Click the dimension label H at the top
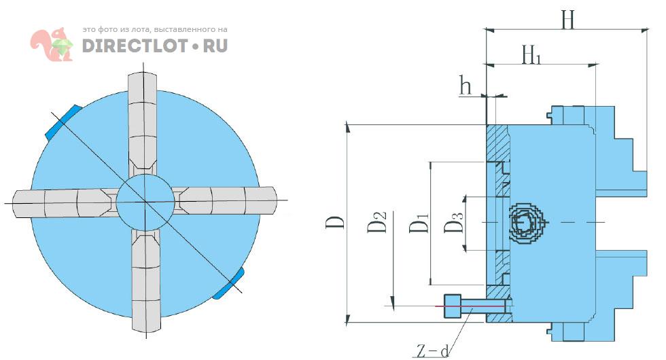(568, 20)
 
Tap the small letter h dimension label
(466, 86)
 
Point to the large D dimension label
(334, 222)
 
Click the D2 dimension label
(378, 222)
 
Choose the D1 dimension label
(419, 223)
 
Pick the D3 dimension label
(454, 223)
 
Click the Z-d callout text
(432, 351)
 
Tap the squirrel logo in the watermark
(52, 45)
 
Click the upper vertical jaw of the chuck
(145, 122)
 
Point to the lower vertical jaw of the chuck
(145, 278)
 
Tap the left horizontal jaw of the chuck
(65, 202)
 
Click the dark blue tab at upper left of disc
(62, 122)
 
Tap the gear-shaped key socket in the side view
(525, 223)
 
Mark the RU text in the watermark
(215, 46)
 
